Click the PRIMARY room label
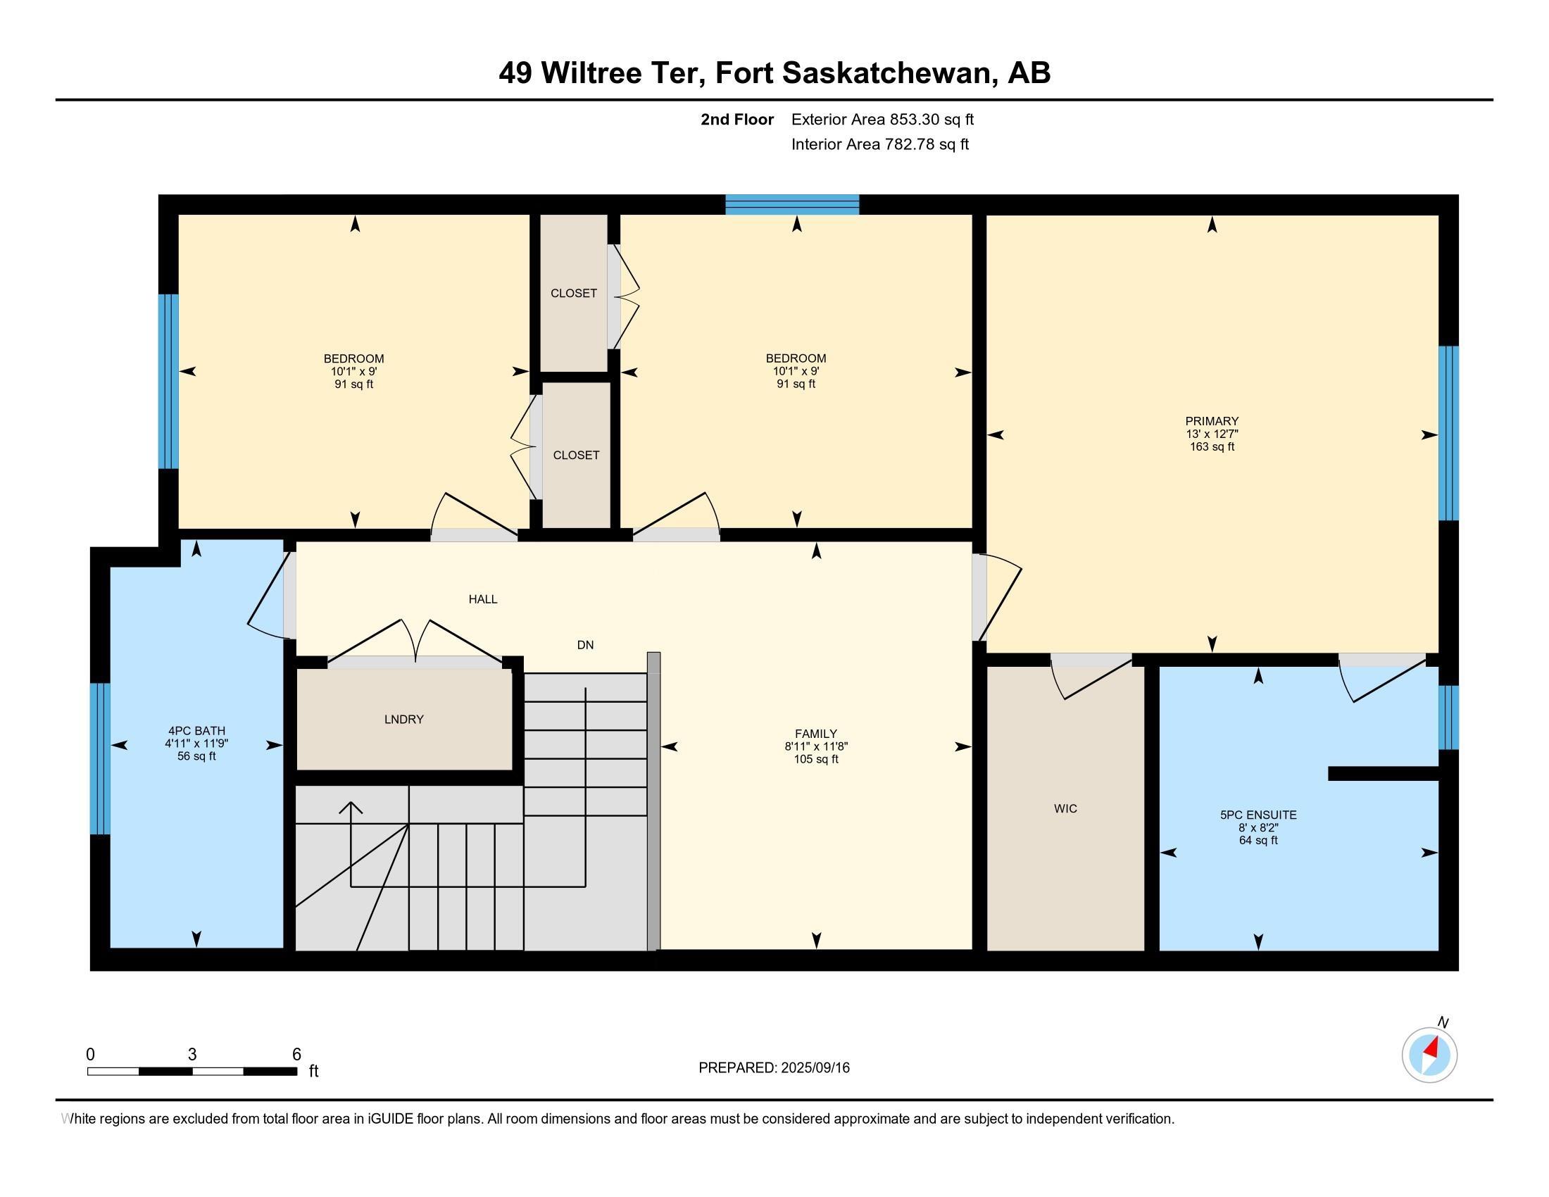click(x=1212, y=421)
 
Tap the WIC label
click(x=1065, y=808)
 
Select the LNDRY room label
click(x=403, y=719)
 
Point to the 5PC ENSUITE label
click(x=1258, y=815)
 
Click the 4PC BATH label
click(x=196, y=731)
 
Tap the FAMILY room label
click(x=815, y=734)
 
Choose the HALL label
click(x=483, y=599)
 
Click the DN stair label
click(x=585, y=645)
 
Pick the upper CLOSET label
click(x=574, y=294)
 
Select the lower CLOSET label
click(x=576, y=456)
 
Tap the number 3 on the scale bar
click(x=192, y=1055)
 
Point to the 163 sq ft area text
click(x=1212, y=446)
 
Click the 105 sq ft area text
click(x=815, y=760)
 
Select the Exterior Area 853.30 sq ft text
click(x=882, y=120)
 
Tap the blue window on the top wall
click(x=792, y=205)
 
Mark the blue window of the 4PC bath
click(x=100, y=759)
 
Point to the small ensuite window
click(x=1448, y=717)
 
